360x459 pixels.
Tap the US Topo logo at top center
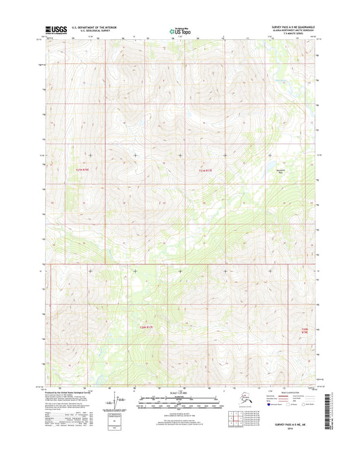point(180,30)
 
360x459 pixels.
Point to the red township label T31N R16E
point(80,170)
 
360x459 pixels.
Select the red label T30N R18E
point(305,331)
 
